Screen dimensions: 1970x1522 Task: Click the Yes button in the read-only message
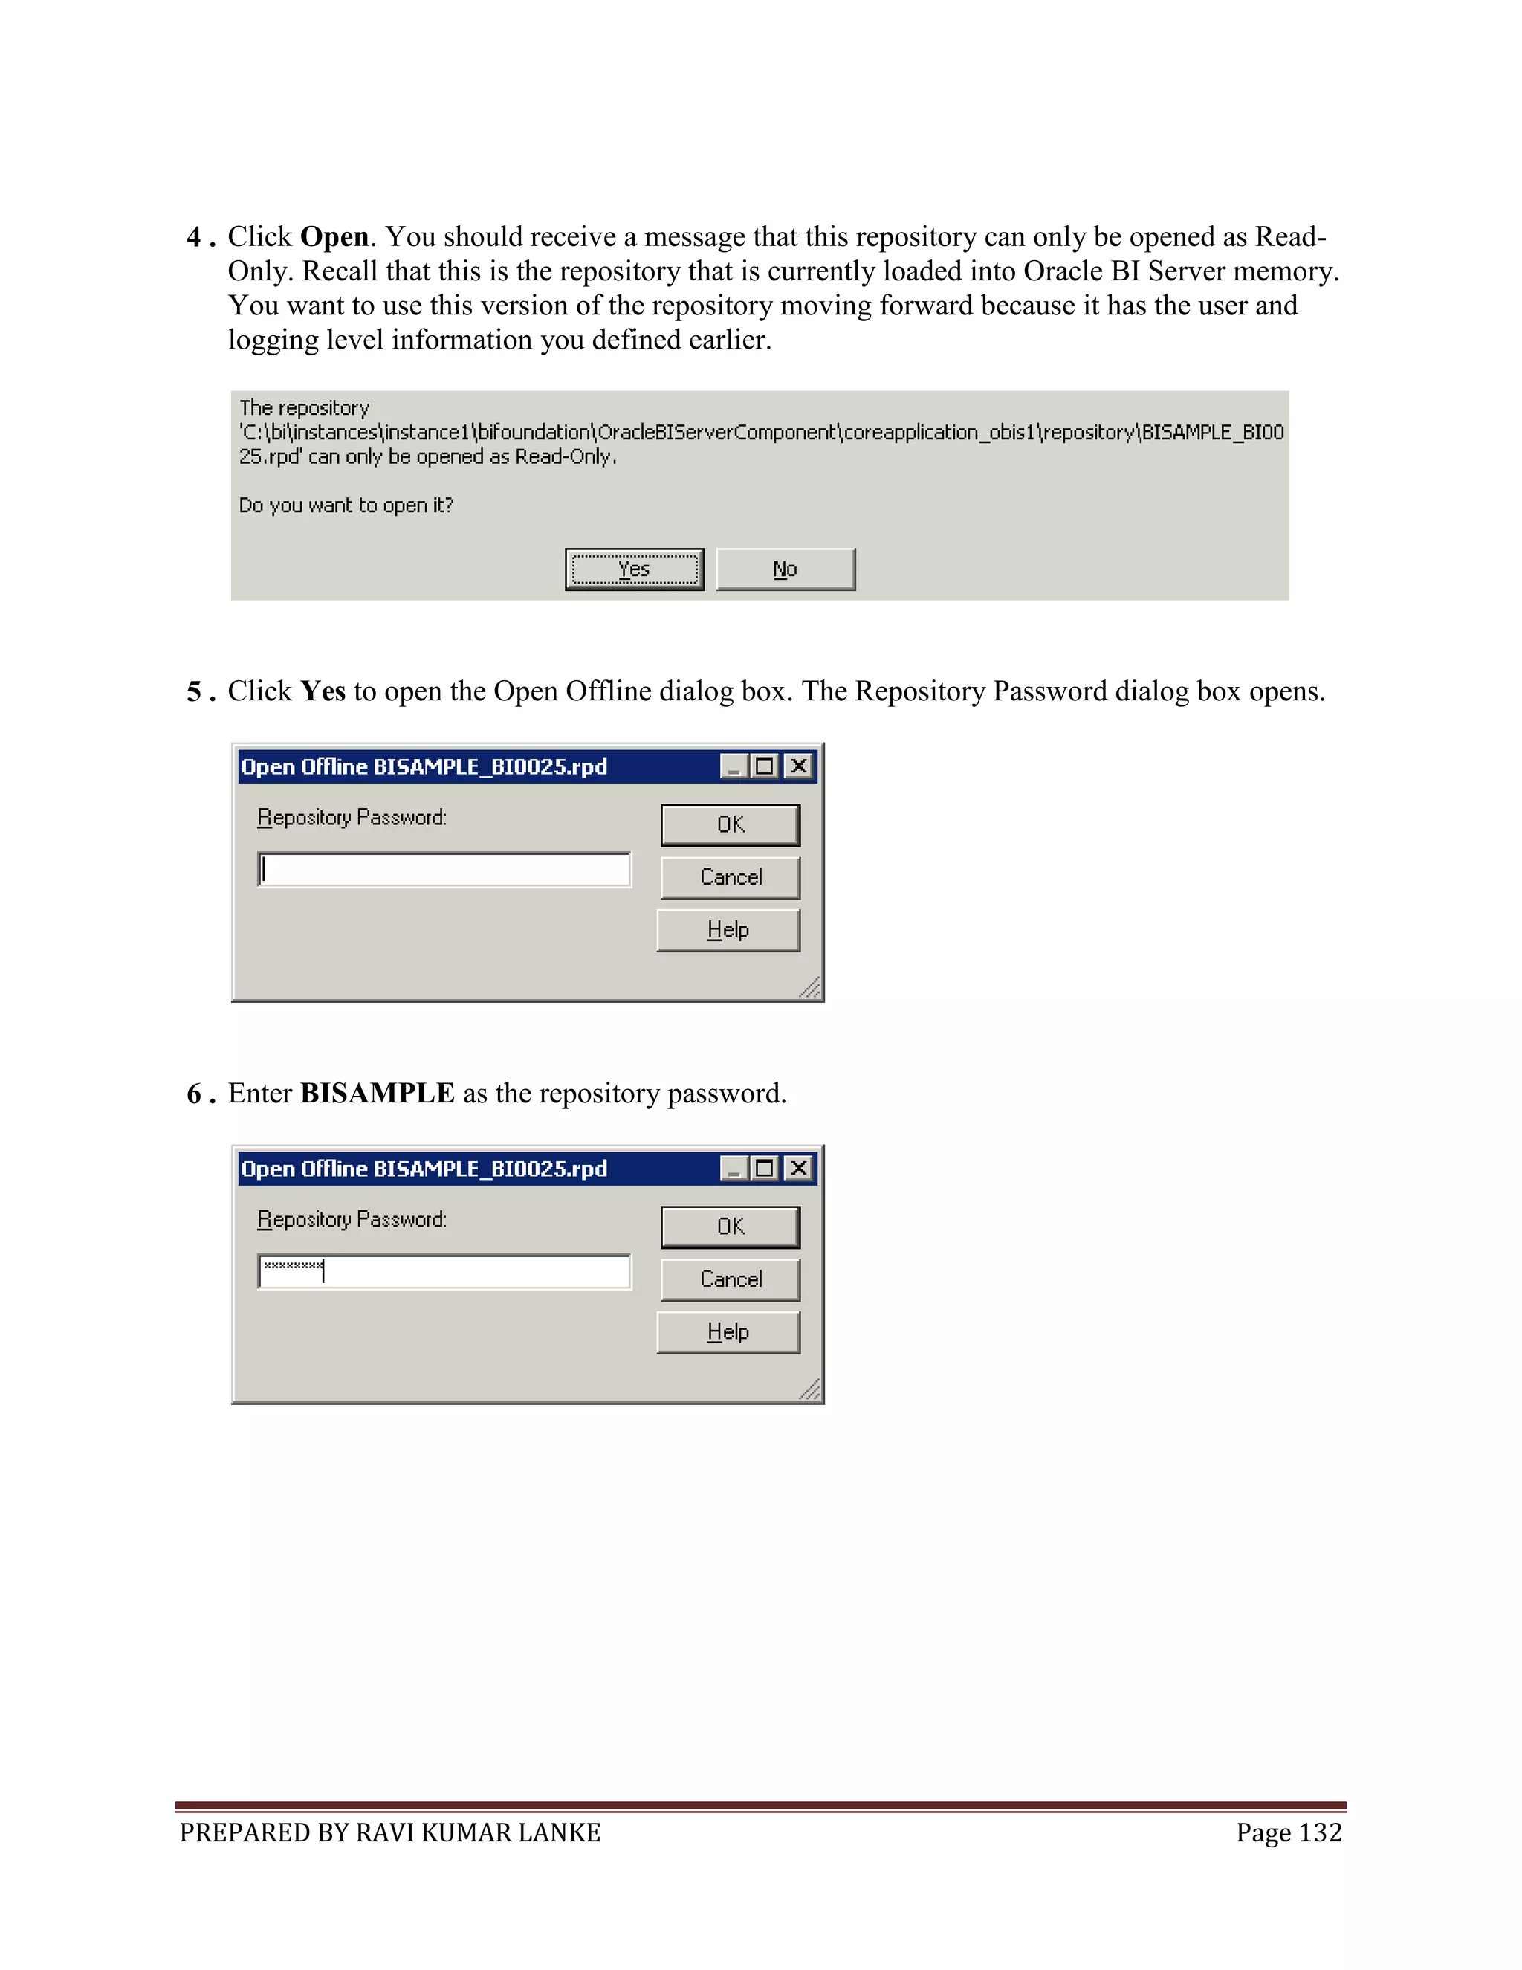(x=634, y=569)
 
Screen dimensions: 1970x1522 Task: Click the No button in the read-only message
(x=785, y=569)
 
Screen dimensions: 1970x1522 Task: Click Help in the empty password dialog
(x=728, y=930)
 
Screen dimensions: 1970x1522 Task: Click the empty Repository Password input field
(x=444, y=870)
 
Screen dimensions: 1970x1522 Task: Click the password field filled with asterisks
(x=444, y=1272)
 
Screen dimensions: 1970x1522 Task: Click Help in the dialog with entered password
(x=728, y=1332)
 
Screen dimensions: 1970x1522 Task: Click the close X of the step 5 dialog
(x=798, y=766)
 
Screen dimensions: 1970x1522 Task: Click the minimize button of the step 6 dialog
(x=734, y=1169)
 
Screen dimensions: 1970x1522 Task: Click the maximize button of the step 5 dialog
(x=765, y=766)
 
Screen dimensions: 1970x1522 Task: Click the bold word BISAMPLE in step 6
(x=377, y=1094)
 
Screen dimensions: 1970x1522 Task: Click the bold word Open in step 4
(x=334, y=237)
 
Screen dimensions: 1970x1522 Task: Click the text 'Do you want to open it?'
(x=346, y=505)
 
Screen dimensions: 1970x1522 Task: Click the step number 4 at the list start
(x=194, y=237)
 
